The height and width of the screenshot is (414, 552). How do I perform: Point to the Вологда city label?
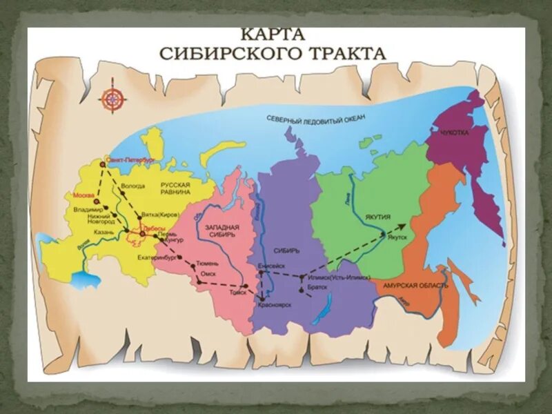[132, 186]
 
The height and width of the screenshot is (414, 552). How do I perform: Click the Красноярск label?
[275, 304]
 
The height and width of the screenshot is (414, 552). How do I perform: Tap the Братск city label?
[317, 286]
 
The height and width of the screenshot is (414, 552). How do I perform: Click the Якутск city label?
[399, 237]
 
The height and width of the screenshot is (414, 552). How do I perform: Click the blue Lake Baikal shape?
[323, 308]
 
